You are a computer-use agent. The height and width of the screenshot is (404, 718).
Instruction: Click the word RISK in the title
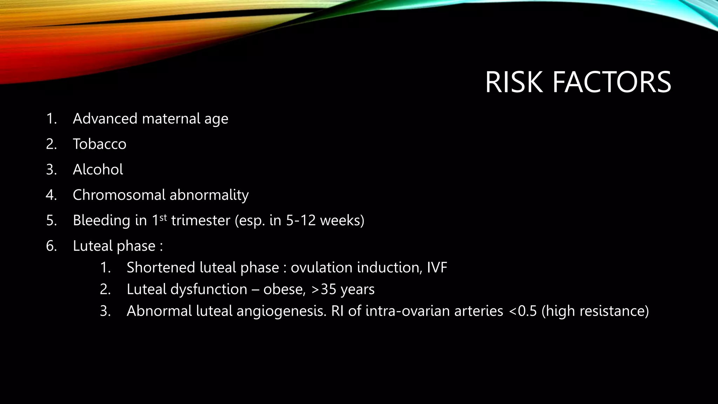point(514,82)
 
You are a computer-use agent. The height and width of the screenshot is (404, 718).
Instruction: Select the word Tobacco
point(100,144)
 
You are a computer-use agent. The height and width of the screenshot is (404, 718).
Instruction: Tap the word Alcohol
point(98,170)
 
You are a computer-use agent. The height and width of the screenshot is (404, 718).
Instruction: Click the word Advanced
point(105,119)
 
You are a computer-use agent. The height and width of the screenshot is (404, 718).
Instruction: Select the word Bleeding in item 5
point(101,221)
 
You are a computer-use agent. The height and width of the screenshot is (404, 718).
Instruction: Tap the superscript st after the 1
point(163,217)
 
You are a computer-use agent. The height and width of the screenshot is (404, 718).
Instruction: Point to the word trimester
point(201,221)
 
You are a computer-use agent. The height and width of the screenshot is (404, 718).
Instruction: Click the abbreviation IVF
point(437,268)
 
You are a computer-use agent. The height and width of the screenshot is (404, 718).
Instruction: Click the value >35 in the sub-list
point(323,290)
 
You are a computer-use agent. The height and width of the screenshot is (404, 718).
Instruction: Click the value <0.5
point(522,311)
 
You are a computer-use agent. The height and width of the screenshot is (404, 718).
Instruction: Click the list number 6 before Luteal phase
point(51,246)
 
